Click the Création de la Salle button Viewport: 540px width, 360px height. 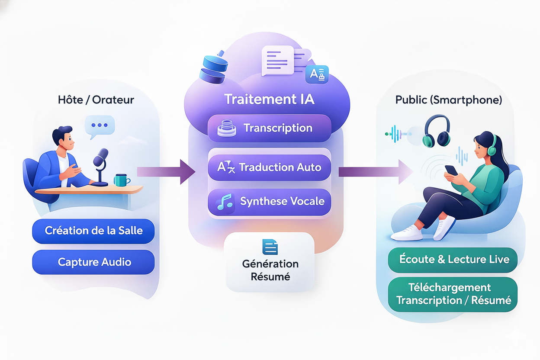(93, 231)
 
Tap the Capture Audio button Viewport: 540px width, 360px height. (93, 262)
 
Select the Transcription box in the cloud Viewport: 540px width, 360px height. (269, 128)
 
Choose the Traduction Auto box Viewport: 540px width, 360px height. (269, 167)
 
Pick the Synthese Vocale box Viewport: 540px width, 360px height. (269, 202)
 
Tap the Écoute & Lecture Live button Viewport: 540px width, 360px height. (453, 260)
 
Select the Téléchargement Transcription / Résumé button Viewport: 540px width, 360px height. (453, 294)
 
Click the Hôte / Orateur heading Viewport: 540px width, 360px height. (96, 100)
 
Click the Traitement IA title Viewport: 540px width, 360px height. (269, 99)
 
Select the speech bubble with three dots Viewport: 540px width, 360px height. (100, 126)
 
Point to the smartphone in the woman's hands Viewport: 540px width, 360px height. (451, 170)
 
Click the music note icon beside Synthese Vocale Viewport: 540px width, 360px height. (225, 202)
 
